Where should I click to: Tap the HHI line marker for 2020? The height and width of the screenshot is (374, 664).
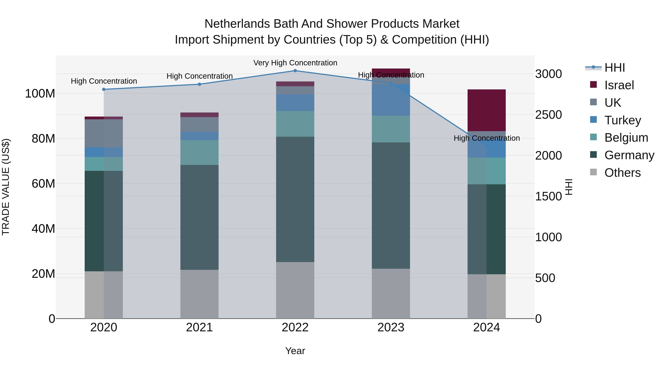(x=104, y=89)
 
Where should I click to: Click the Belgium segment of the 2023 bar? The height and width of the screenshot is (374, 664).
(x=391, y=129)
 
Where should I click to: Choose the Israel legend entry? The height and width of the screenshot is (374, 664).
(x=619, y=85)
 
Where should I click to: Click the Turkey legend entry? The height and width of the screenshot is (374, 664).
(x=622, y=120)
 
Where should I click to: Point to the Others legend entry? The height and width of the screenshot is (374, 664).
(x=622, y=173)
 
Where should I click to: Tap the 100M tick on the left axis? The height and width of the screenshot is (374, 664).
(x=40, y=93)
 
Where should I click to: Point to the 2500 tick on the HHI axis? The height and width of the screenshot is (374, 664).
(x=548, y=115)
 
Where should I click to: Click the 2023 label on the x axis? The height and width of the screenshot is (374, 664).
(x=391, y=327)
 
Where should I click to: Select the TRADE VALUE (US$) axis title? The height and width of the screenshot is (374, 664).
(x=6, y=187)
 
